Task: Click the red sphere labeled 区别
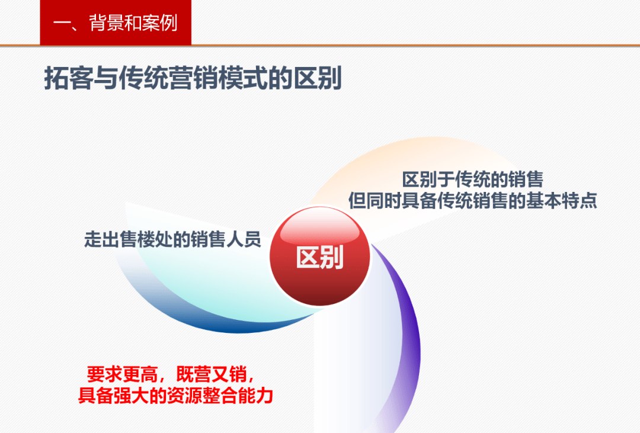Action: [320, 256]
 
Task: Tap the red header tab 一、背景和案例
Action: [116, 23]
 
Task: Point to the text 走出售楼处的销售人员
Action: [172, 240]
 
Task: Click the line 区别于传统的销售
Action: [472, 179]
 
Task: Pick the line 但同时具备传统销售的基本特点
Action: [472, 201]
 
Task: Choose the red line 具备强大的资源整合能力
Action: [175, 395]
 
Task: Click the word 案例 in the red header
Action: [161, 23]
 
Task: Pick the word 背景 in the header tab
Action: [105, 23]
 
